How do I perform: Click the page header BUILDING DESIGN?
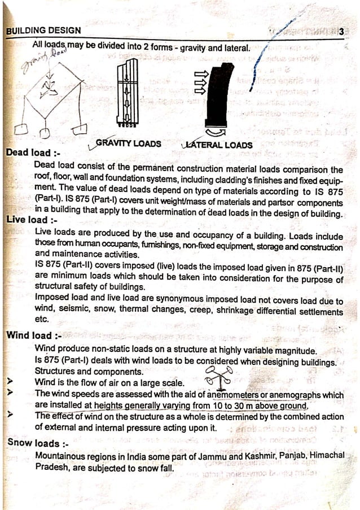[43, 30]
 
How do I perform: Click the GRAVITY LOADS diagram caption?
[128, 143]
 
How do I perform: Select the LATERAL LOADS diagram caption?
[218, 145]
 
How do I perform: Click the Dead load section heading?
[33, 153]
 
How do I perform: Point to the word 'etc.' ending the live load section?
[42, 318]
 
